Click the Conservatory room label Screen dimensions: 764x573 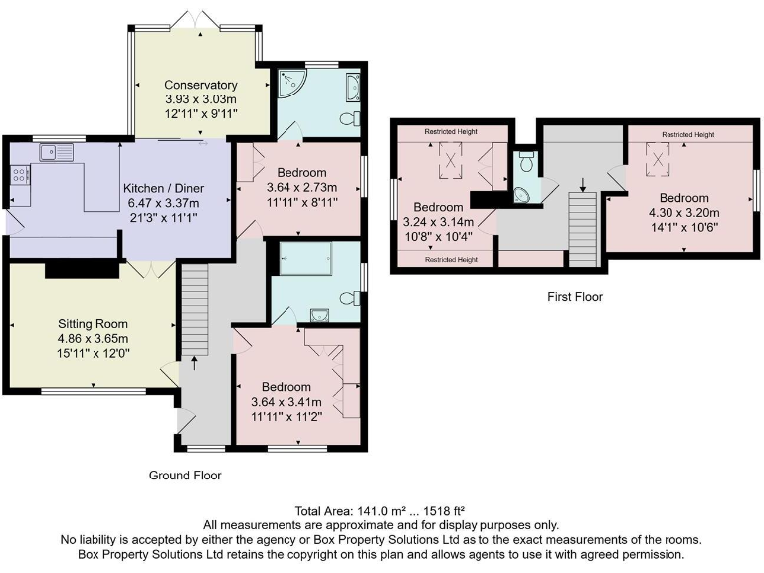[x=201, y=85]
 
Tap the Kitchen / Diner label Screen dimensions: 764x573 [x=163, y=189]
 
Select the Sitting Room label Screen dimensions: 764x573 [x=93, y=324]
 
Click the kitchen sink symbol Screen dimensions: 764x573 [x=57, y=152]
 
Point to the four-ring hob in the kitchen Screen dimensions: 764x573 [x=20, y=175]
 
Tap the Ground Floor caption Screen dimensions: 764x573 [x=185, y=476]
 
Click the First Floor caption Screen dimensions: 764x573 [x=575, y=297]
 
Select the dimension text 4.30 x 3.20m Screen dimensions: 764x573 [x=684, y=213]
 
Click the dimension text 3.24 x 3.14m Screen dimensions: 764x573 [x=438, y=222]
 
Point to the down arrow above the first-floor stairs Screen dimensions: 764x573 [x=583, y=184]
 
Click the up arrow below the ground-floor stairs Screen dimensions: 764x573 [x=195, y=363]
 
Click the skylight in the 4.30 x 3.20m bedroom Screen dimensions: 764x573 [x=658, y=158]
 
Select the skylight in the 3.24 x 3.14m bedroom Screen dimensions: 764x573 [x=450, y=160]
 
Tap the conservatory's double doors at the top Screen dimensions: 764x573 [x=195, y=19]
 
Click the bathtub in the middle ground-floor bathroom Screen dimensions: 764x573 [x=305, y=259]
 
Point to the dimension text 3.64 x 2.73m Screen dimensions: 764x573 [x=301, y=188]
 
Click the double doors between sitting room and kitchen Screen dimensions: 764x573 [x=151, y=269]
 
